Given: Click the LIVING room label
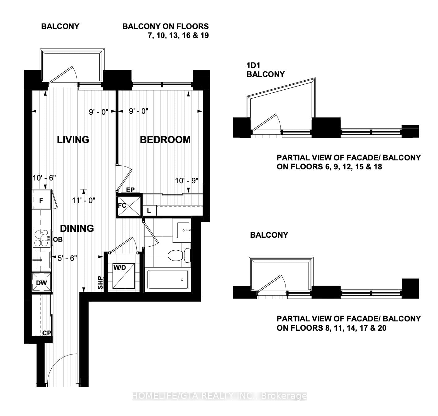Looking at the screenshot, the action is [x=73, y=140].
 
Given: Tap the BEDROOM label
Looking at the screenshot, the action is [x=165, y=140].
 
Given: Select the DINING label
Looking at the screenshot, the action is [x=77, y=228].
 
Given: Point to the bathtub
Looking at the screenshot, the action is [x=168, y=279].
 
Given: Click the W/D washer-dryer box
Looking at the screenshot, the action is [x=124, y=276].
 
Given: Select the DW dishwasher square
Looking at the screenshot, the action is [x=41, y=282].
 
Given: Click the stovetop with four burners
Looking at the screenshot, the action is [x=42, y=238].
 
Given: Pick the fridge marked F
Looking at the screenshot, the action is [x=41, y=200].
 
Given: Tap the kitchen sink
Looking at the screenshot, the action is [x=41, y=260].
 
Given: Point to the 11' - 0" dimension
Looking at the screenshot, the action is [x=84, y=201].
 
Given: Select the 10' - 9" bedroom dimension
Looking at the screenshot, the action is [x=187, y=180].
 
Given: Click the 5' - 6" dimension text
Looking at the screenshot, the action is [x=67, y=258].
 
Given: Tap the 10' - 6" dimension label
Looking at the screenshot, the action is [x=44, y=178].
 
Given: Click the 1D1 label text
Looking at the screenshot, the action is [x=253, y=65].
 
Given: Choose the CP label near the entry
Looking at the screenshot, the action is [x=47, y=333].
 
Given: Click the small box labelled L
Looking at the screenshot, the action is [x=149, y=210].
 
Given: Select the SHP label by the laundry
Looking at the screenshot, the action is [x=101, y=283].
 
